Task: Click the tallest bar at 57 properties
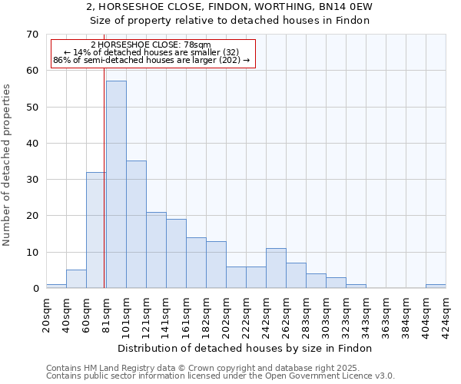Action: [116, 184]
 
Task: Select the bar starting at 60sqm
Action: [96, 230]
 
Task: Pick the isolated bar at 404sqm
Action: [436, 286]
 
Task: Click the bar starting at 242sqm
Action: [276, 268]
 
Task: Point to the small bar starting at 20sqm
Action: [56, 286]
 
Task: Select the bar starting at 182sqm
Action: [216, 265]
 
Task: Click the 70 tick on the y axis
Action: [32, 35]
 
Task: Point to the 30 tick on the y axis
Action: [32, 180]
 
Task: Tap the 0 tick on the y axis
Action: [35, 289]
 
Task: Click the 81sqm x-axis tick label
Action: [106, 313]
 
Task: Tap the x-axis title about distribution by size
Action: [246, 348]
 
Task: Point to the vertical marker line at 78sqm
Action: [104, 192]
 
